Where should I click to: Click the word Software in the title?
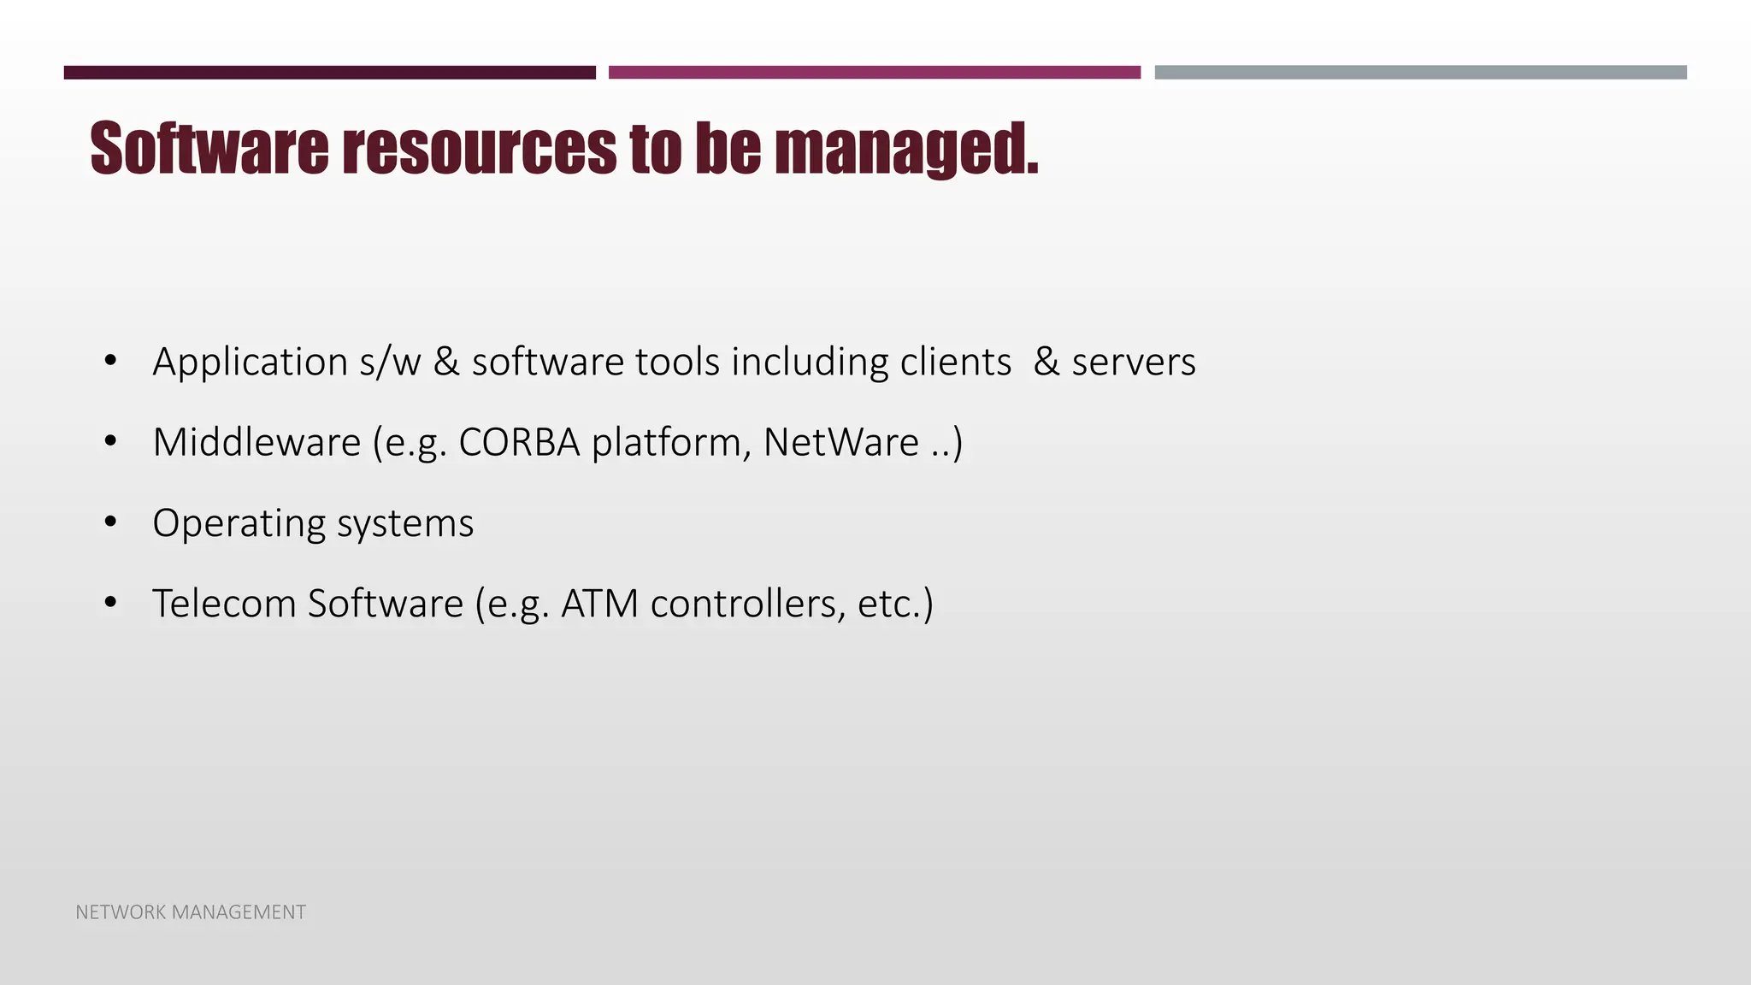coord(209,148)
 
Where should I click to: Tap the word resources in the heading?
coord(479,148)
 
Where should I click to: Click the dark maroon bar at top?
coord(329,73)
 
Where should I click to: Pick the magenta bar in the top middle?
coord(874,73)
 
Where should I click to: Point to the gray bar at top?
coord(1420,73)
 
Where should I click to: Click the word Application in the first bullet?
coord(250,362)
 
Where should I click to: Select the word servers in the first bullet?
coord(1133,362)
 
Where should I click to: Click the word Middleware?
coord(256,443)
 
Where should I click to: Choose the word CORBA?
coord(519,443)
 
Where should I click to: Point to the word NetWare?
coord(840,443)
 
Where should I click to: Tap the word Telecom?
coord(224,604)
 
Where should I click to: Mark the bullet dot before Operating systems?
coord(109,522)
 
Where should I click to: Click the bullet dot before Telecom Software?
coord(109,603)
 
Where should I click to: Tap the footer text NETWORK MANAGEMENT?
coord(191,912)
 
